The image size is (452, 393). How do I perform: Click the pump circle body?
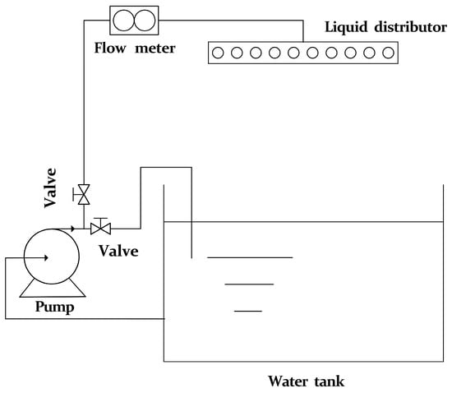click(x=24, y=257)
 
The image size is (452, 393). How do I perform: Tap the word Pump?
click(x=55, y=307)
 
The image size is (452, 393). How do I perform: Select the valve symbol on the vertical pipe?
click(x=84, y=194)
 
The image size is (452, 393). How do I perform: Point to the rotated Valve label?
click(x=50, y=187)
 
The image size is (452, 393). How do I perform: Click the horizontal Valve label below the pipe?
click(x=119, y=251)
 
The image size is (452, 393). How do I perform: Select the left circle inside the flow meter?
click(x=123, y=21)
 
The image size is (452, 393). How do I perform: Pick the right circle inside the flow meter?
click(x=145, y=21)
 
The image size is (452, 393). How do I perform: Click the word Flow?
click(x=110, y=48)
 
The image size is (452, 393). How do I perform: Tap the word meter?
click(x=155, y=49)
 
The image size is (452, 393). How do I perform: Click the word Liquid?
click(x=346, y=28)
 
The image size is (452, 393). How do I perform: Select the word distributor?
click(x=410, y=27)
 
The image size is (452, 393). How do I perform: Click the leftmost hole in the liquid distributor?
click(x=218, y=53)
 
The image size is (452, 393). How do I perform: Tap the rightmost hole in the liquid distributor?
click(x=388, y=53)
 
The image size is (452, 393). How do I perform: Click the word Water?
click(x=288, y=381)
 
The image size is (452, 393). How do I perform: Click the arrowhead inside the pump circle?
click(x=46, y=258)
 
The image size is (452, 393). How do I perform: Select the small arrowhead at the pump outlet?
click(x=73, y=229)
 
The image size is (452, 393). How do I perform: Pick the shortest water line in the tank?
click(x=248, y=311)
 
